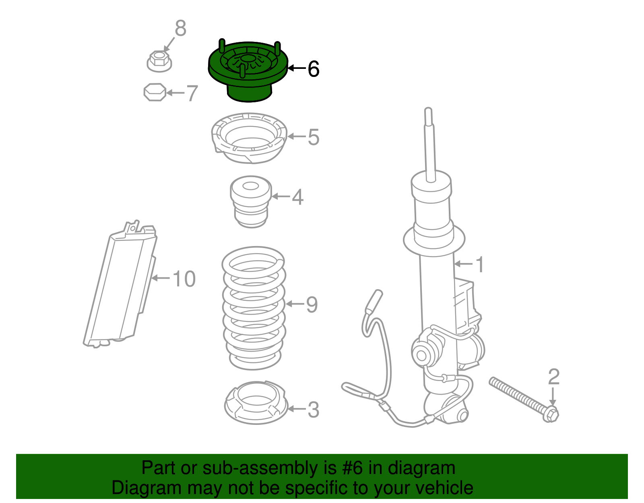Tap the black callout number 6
click(x=313, y=69)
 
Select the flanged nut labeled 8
click(x=159, y=61)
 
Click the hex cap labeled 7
click(x=155, y=92)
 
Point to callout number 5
click(x=313, y=137)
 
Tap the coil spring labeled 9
click(x=254, y=308)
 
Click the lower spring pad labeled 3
click(x=255, y=403)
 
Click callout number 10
click(x=184, y=279)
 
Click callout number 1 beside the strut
click(x=479, y=265)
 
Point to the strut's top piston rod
click(x=429, y=145)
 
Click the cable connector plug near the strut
click(x=374, y=302)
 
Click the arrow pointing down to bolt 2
click(x=553, y=396)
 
